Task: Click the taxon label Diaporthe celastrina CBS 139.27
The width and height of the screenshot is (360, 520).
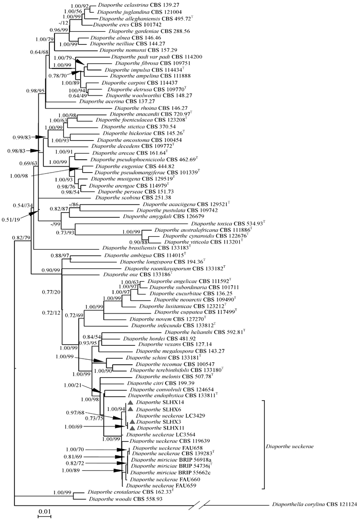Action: pos(128,5)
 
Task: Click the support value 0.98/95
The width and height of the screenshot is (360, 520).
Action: pos(37,90)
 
